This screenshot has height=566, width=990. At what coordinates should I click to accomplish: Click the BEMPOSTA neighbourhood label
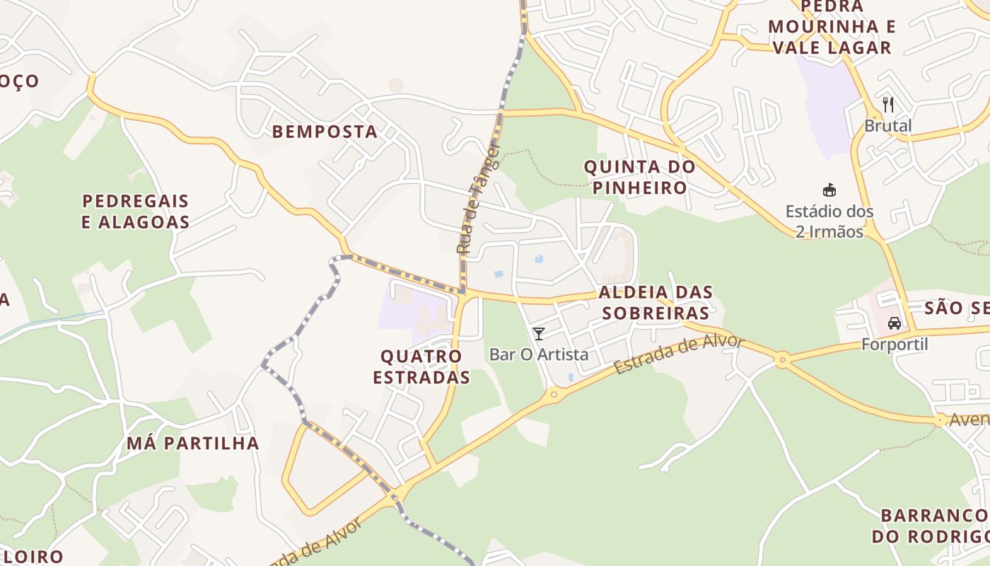point(325,132)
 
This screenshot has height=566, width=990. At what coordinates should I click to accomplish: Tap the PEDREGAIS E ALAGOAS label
point(135,212)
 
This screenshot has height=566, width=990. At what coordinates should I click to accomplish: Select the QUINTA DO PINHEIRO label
point(639,178)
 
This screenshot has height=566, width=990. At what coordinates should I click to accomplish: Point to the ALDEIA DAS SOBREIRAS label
point(655,303)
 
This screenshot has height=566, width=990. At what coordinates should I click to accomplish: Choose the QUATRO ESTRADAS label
point(421,366)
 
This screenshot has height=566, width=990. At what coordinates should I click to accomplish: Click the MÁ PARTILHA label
point(193,444)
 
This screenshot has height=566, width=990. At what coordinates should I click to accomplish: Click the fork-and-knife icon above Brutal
point(888,105)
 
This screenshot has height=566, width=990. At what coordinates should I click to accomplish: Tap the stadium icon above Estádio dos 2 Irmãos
point(829,190)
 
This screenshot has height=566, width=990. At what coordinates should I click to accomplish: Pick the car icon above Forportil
point(894,323)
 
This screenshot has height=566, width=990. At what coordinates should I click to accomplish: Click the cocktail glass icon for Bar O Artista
point(539,334)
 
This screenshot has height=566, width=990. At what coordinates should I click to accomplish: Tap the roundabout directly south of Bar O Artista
point(554,393)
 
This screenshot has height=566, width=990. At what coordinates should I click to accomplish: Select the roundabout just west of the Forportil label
point(781,361)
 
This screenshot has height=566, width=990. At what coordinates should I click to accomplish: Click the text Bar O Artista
point(539,354)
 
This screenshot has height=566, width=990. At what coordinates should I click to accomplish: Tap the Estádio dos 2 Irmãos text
point(829,221)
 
